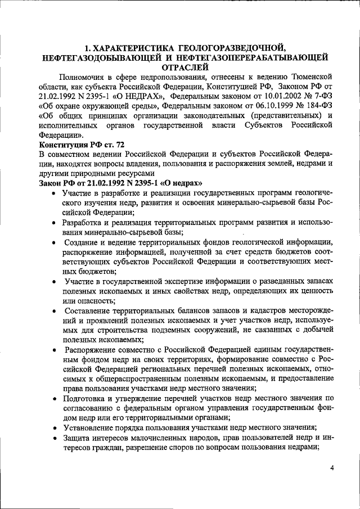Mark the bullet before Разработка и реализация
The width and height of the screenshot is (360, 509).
tap(51, 223)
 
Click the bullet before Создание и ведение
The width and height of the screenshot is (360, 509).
tap(51, 243)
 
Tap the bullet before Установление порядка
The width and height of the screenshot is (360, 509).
tap(51, 427)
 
